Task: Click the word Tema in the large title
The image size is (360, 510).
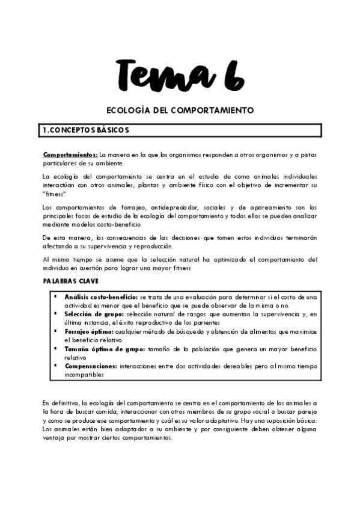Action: coord(160,75)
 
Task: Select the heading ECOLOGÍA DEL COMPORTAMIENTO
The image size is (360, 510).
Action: coord(180,111)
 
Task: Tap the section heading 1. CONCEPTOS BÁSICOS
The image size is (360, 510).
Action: coord(83,130)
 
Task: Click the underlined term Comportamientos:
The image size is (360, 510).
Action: coord(70,155)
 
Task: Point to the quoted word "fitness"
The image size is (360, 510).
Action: coord(54,194)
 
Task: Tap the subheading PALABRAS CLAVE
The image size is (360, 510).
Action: coord(70,281)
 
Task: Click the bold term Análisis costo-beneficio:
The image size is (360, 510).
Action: coord(101,297)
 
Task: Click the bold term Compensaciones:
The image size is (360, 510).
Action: coord(91,365)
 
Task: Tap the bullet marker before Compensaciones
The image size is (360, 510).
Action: coord(55,364)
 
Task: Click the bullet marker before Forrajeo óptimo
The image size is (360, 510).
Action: coord(55,331)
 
